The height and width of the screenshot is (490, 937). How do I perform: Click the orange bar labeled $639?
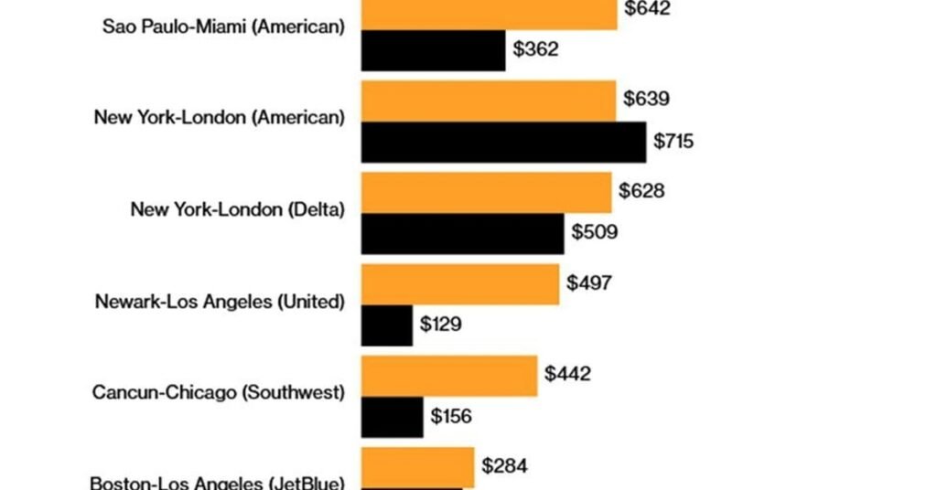pos(489,101)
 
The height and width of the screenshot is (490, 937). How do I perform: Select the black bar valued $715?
pos(503,142)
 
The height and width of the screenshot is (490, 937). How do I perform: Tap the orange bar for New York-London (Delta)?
pos(487,193)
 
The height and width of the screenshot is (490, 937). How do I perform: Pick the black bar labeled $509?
pos(462,233)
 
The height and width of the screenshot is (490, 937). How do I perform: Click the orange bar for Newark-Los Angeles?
pos(460,284)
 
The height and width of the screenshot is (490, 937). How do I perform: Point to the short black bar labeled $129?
pos(387,325)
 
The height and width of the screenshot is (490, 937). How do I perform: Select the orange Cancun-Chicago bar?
pos(449,376)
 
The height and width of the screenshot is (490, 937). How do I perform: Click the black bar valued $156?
pos(392,417)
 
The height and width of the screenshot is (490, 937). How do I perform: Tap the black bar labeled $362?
pos(433,50)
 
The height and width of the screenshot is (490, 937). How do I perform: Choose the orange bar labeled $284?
pos(417,468)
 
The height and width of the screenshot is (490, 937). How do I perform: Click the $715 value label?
pos(673,142)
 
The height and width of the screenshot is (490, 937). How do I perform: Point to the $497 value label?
pos(589,282)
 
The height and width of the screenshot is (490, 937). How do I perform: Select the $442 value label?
pos(567,374)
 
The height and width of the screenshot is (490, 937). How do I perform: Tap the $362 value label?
pos(536,49)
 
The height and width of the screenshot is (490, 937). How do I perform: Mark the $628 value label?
pos(641,191)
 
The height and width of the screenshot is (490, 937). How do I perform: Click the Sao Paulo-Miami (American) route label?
pos(223,27)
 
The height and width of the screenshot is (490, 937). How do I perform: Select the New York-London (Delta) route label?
pos(238,209)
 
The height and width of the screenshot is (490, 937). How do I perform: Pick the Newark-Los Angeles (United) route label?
pos(220,302)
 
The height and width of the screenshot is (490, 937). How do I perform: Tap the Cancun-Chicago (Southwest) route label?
pos(219,393)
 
